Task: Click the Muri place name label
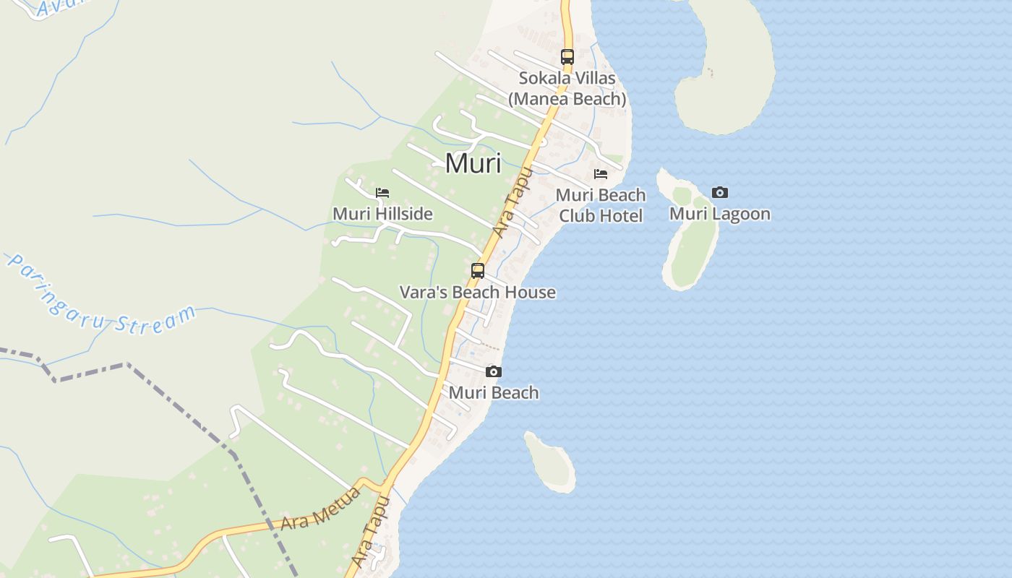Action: (x=473, y=163)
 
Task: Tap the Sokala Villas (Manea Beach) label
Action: (x=567, y=88)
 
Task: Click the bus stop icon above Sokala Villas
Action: (x=567, y=56)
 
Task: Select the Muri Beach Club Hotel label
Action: (x=600, y=205)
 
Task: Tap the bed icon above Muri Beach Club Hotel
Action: (x=600, y=174)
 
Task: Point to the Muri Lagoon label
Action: (x=719, y=214)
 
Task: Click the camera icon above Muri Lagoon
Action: (x=719, y=192)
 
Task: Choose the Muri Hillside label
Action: (x=382, y=214)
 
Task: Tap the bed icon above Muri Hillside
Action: (x=382, y=193)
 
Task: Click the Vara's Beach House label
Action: (x=478, y=293)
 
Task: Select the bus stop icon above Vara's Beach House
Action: (x=478, y=271)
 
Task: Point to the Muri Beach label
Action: (x=494, y=393)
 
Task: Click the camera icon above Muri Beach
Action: (x=494, y=372)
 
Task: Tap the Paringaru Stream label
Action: (x=101, y=296)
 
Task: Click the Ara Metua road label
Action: (x=320, y=510)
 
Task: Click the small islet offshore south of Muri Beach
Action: (x=551, y=462)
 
